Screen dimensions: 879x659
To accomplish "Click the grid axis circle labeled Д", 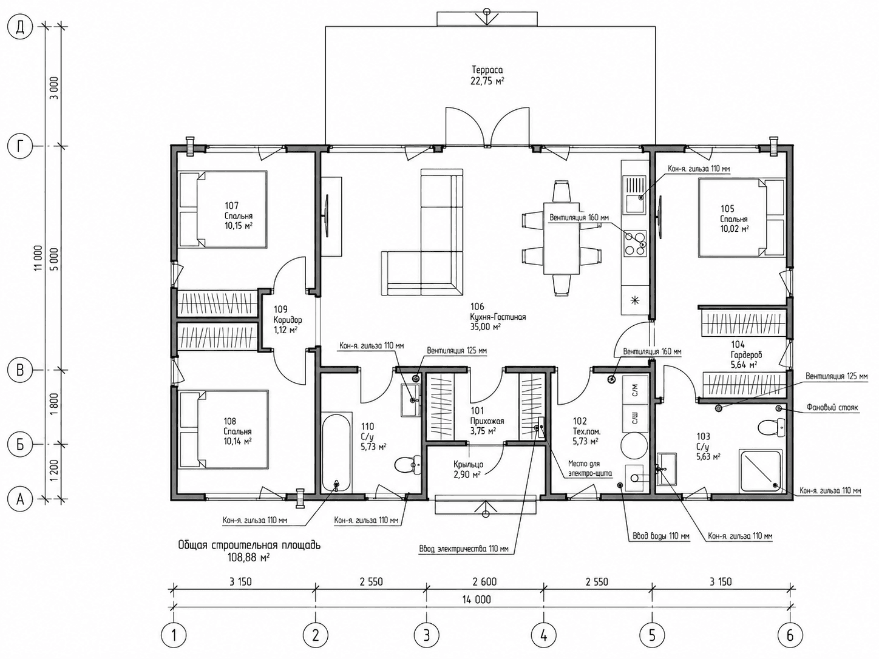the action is click(20, 27).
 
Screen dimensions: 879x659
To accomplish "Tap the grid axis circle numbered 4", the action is click(543, 635).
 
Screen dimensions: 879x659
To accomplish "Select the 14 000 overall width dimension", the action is click(477, 600).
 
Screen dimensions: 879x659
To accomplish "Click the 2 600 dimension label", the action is click(485, 581).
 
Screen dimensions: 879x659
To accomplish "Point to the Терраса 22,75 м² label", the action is click(487, 76).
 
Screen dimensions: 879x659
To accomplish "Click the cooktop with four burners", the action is click(635, 243).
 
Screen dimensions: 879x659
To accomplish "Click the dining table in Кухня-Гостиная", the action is click(562, 238).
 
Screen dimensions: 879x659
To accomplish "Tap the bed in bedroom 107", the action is click(223, 209).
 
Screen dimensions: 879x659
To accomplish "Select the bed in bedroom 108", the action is click(223, 430).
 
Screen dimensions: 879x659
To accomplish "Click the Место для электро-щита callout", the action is click(590, 468).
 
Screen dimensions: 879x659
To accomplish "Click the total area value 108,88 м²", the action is click(248, 556).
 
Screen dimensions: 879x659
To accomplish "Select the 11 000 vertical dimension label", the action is click(38, 257).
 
